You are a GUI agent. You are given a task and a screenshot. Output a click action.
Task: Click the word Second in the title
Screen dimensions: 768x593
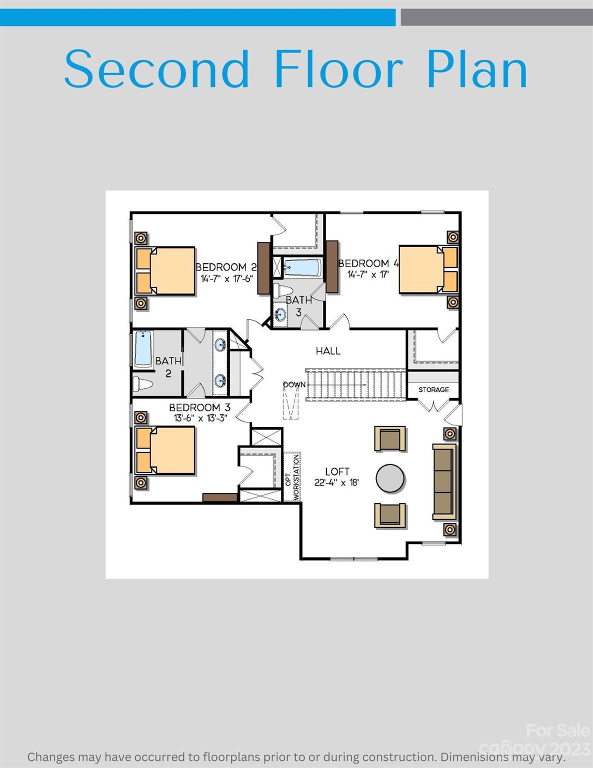[156, 69]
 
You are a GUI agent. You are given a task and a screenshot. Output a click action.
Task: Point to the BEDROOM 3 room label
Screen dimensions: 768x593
[199, 407]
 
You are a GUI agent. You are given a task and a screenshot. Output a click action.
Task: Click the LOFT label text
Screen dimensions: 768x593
[337, 471]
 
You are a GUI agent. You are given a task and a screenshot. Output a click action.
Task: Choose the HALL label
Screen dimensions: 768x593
[328, 351]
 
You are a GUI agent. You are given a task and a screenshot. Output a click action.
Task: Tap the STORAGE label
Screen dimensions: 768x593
[433, 389]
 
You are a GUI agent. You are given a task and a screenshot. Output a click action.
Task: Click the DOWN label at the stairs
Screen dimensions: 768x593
[294, 384]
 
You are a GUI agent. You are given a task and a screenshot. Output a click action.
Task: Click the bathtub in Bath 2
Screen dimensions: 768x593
[143, 349]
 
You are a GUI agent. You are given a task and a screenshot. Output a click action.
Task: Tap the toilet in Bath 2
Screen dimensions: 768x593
[143, 384]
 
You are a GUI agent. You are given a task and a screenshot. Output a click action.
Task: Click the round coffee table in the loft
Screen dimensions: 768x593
[390, 478]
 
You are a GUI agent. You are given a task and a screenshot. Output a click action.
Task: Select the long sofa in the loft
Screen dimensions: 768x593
[444, 480]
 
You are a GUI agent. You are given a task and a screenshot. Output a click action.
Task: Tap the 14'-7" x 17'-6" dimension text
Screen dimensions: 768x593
[227, 279]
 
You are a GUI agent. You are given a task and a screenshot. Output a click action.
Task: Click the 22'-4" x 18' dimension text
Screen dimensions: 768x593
[336, 483]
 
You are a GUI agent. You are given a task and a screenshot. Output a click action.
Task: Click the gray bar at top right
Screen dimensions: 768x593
[496, 17]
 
